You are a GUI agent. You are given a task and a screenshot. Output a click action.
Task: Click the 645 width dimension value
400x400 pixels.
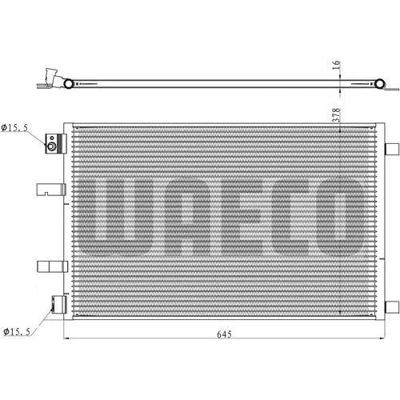pos(224,334)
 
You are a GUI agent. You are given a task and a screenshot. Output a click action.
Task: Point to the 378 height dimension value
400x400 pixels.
pos(336,115)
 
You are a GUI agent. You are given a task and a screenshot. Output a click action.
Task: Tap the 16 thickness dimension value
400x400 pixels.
pos(336,65)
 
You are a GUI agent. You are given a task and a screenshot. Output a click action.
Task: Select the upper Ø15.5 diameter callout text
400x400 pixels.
pos(14,128)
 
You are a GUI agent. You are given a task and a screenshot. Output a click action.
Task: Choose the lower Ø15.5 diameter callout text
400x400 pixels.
pos(17,332)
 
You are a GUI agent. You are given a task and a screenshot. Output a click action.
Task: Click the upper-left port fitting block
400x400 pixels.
pos(56,144)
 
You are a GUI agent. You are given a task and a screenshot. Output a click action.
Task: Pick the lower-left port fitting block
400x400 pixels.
pos(59,305)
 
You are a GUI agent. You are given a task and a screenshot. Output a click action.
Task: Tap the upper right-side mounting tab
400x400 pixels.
pos(392,149)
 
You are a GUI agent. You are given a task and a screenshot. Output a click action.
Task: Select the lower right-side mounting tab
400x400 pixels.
pos(392,306)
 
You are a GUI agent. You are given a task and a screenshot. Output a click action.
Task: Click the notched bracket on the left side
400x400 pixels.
pos(51,190)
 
